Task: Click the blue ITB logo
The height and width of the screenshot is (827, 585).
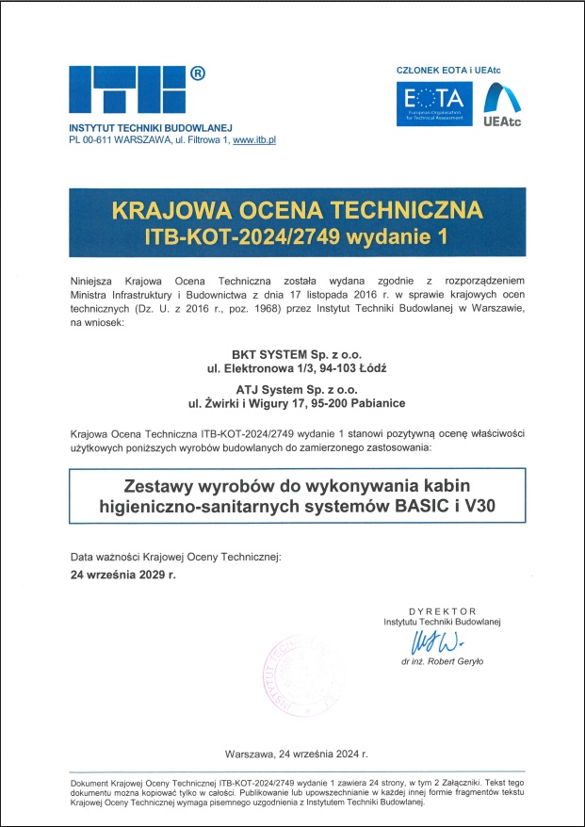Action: pyautogui.click(x=128, y=92)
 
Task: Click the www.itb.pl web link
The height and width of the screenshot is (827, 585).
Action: pyautogui.click(x=254, y=139)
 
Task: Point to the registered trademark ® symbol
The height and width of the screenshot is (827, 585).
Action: pyautogui.click(x=198, y=73)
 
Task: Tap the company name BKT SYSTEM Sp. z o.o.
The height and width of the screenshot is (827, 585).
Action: pyautogui.click(x=296, y=350)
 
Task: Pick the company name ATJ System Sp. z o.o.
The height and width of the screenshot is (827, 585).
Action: pyautogui.click(x=296, y=387)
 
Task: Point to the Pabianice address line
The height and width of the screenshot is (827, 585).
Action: pyautogui.click(x=296, y=403)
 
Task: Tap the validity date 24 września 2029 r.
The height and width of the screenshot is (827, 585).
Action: pyautogui.click(x=122, y=573)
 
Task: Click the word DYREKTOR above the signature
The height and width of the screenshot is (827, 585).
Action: pyautogui.click(x=443, y=610)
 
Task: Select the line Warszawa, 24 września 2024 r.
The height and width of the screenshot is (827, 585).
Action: pyautogui.click(x=296, y=754)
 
